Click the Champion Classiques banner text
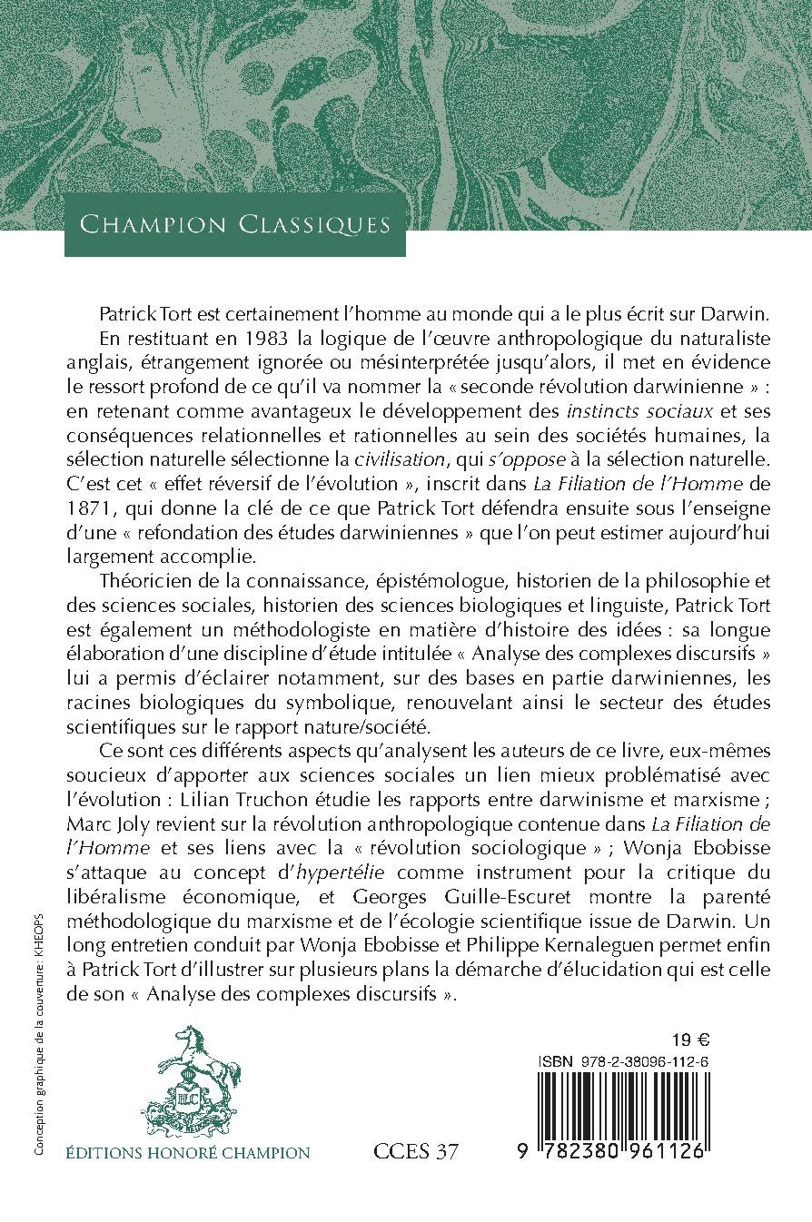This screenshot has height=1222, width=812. coord(234,223)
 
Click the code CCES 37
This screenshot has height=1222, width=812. coord(416,1153)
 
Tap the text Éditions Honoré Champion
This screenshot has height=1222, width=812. coord(188,1153)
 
